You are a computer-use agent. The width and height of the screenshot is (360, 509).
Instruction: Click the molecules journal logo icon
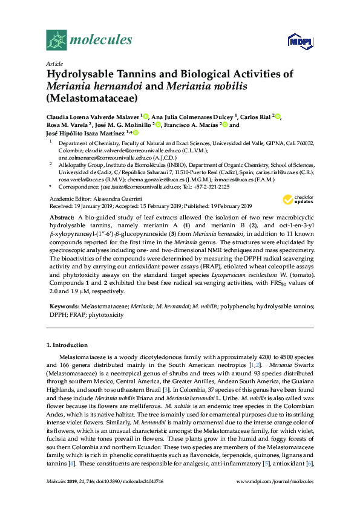tap(56, 41)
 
